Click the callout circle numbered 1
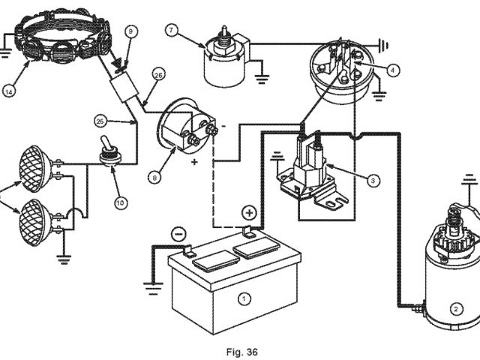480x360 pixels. coord(242,298)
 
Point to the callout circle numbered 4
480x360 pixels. coord(394,72)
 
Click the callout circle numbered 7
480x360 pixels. coord(172,31)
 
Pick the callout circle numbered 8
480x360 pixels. coord(155,178)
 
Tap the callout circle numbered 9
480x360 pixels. coord(131,31)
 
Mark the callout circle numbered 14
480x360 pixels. coord(10,91)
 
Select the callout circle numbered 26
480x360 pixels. coord(158,75)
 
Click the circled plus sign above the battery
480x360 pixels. coord(249,212)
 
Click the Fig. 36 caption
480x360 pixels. coord(239,350)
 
